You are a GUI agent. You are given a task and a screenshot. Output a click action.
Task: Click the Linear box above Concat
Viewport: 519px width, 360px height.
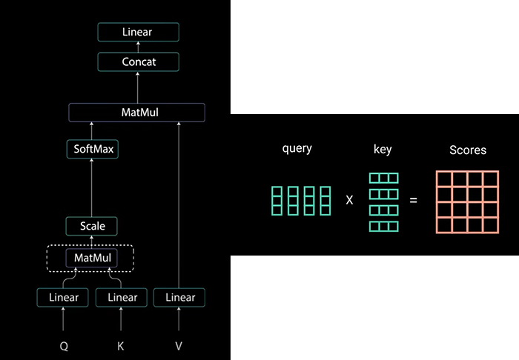tap(139, 32)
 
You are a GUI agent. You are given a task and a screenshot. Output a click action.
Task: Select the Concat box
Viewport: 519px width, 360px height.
tap(139, 61)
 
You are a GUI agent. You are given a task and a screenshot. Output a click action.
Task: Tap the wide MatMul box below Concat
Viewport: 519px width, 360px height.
tap(136, 113)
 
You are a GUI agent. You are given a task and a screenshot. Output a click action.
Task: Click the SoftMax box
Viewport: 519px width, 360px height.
tap(93, 149)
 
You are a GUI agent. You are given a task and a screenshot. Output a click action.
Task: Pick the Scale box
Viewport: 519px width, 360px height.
tap(92, 226)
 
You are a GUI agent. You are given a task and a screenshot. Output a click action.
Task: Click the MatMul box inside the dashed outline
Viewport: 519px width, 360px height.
tap(92, 258)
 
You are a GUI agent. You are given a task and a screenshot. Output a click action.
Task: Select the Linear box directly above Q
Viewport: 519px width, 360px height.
tap(62, 298)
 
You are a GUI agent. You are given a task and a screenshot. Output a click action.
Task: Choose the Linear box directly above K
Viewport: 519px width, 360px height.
tap(122, 298)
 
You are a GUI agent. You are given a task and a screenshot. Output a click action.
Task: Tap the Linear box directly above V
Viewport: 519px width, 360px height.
tap(179, 298)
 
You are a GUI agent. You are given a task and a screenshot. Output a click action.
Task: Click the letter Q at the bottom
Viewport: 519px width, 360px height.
tap(64, 347)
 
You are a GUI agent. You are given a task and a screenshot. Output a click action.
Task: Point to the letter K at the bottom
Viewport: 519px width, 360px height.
tap(120, 346)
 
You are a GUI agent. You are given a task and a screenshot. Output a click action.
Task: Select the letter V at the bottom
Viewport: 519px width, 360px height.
tap(179, 346)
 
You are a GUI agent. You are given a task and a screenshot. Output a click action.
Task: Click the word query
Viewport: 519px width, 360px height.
tap(297, 149)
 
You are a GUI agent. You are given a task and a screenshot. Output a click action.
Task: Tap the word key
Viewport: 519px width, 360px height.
tap(383, 150)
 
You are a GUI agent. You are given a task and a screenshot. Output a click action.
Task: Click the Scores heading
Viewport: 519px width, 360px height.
tap(468, 150)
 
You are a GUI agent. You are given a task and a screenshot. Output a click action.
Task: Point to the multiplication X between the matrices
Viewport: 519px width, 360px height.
tap(349, 200)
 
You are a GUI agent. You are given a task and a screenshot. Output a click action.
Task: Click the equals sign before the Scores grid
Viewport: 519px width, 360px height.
tap(414, 200)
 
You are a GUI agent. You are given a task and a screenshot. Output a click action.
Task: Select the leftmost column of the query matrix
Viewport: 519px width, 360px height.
tap(277, 201)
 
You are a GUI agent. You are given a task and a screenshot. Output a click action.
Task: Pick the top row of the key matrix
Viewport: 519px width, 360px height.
tap(383, 179)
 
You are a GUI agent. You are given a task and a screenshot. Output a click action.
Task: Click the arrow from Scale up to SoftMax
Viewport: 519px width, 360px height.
tap(92, 187)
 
